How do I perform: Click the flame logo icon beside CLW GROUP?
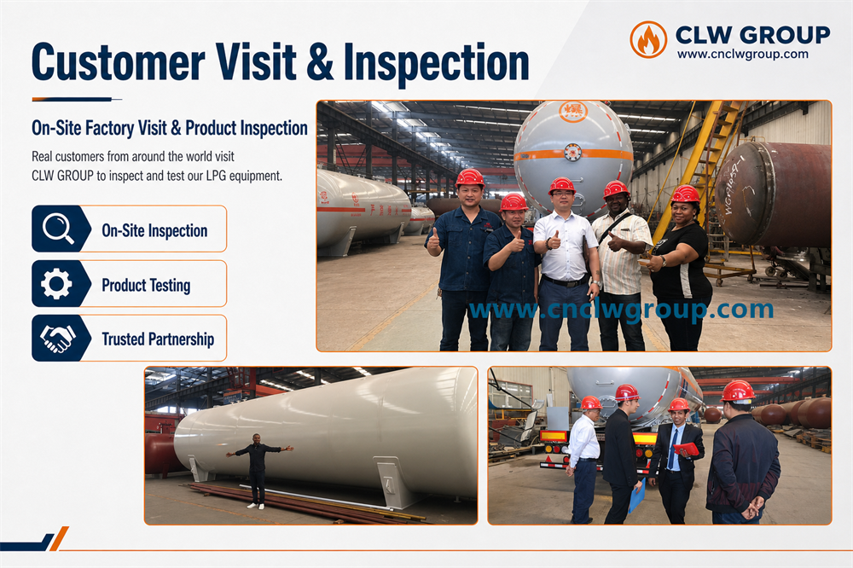pyautogui.click(x=648, y=40)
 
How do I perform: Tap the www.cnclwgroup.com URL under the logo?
pyautogui.click(x=743, y=54)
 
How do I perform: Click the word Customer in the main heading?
pyautogui.click(x=119, y=61)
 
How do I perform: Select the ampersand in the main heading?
pyautogui.click(x=319, y=61)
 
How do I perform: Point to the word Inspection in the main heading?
pyautogui.click(x=436, y=63)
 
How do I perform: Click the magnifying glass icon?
pyautogui.click(x=58, y=229)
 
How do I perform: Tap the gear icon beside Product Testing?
pyautogui.click(x=56, y=283)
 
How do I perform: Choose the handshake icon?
pyautogui.click(x=57, y=339)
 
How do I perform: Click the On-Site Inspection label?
pyautogui.click(x=154, y=230)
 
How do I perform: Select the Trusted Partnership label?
pyautogui.click(x=158, y=339)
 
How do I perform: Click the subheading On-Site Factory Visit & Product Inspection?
pyautogui.click(x=170, y=128)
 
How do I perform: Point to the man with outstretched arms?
pyautogui.click(x=258, y=471)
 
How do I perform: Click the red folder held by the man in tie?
pyautogui.click(x=687, y=449)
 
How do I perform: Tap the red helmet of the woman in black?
pyautogui.click(x=686, y=194)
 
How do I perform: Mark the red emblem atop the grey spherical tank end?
pyautogui.click(x=572, y=111)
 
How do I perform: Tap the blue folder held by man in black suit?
pyautogui.click(x=637, y=496)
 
